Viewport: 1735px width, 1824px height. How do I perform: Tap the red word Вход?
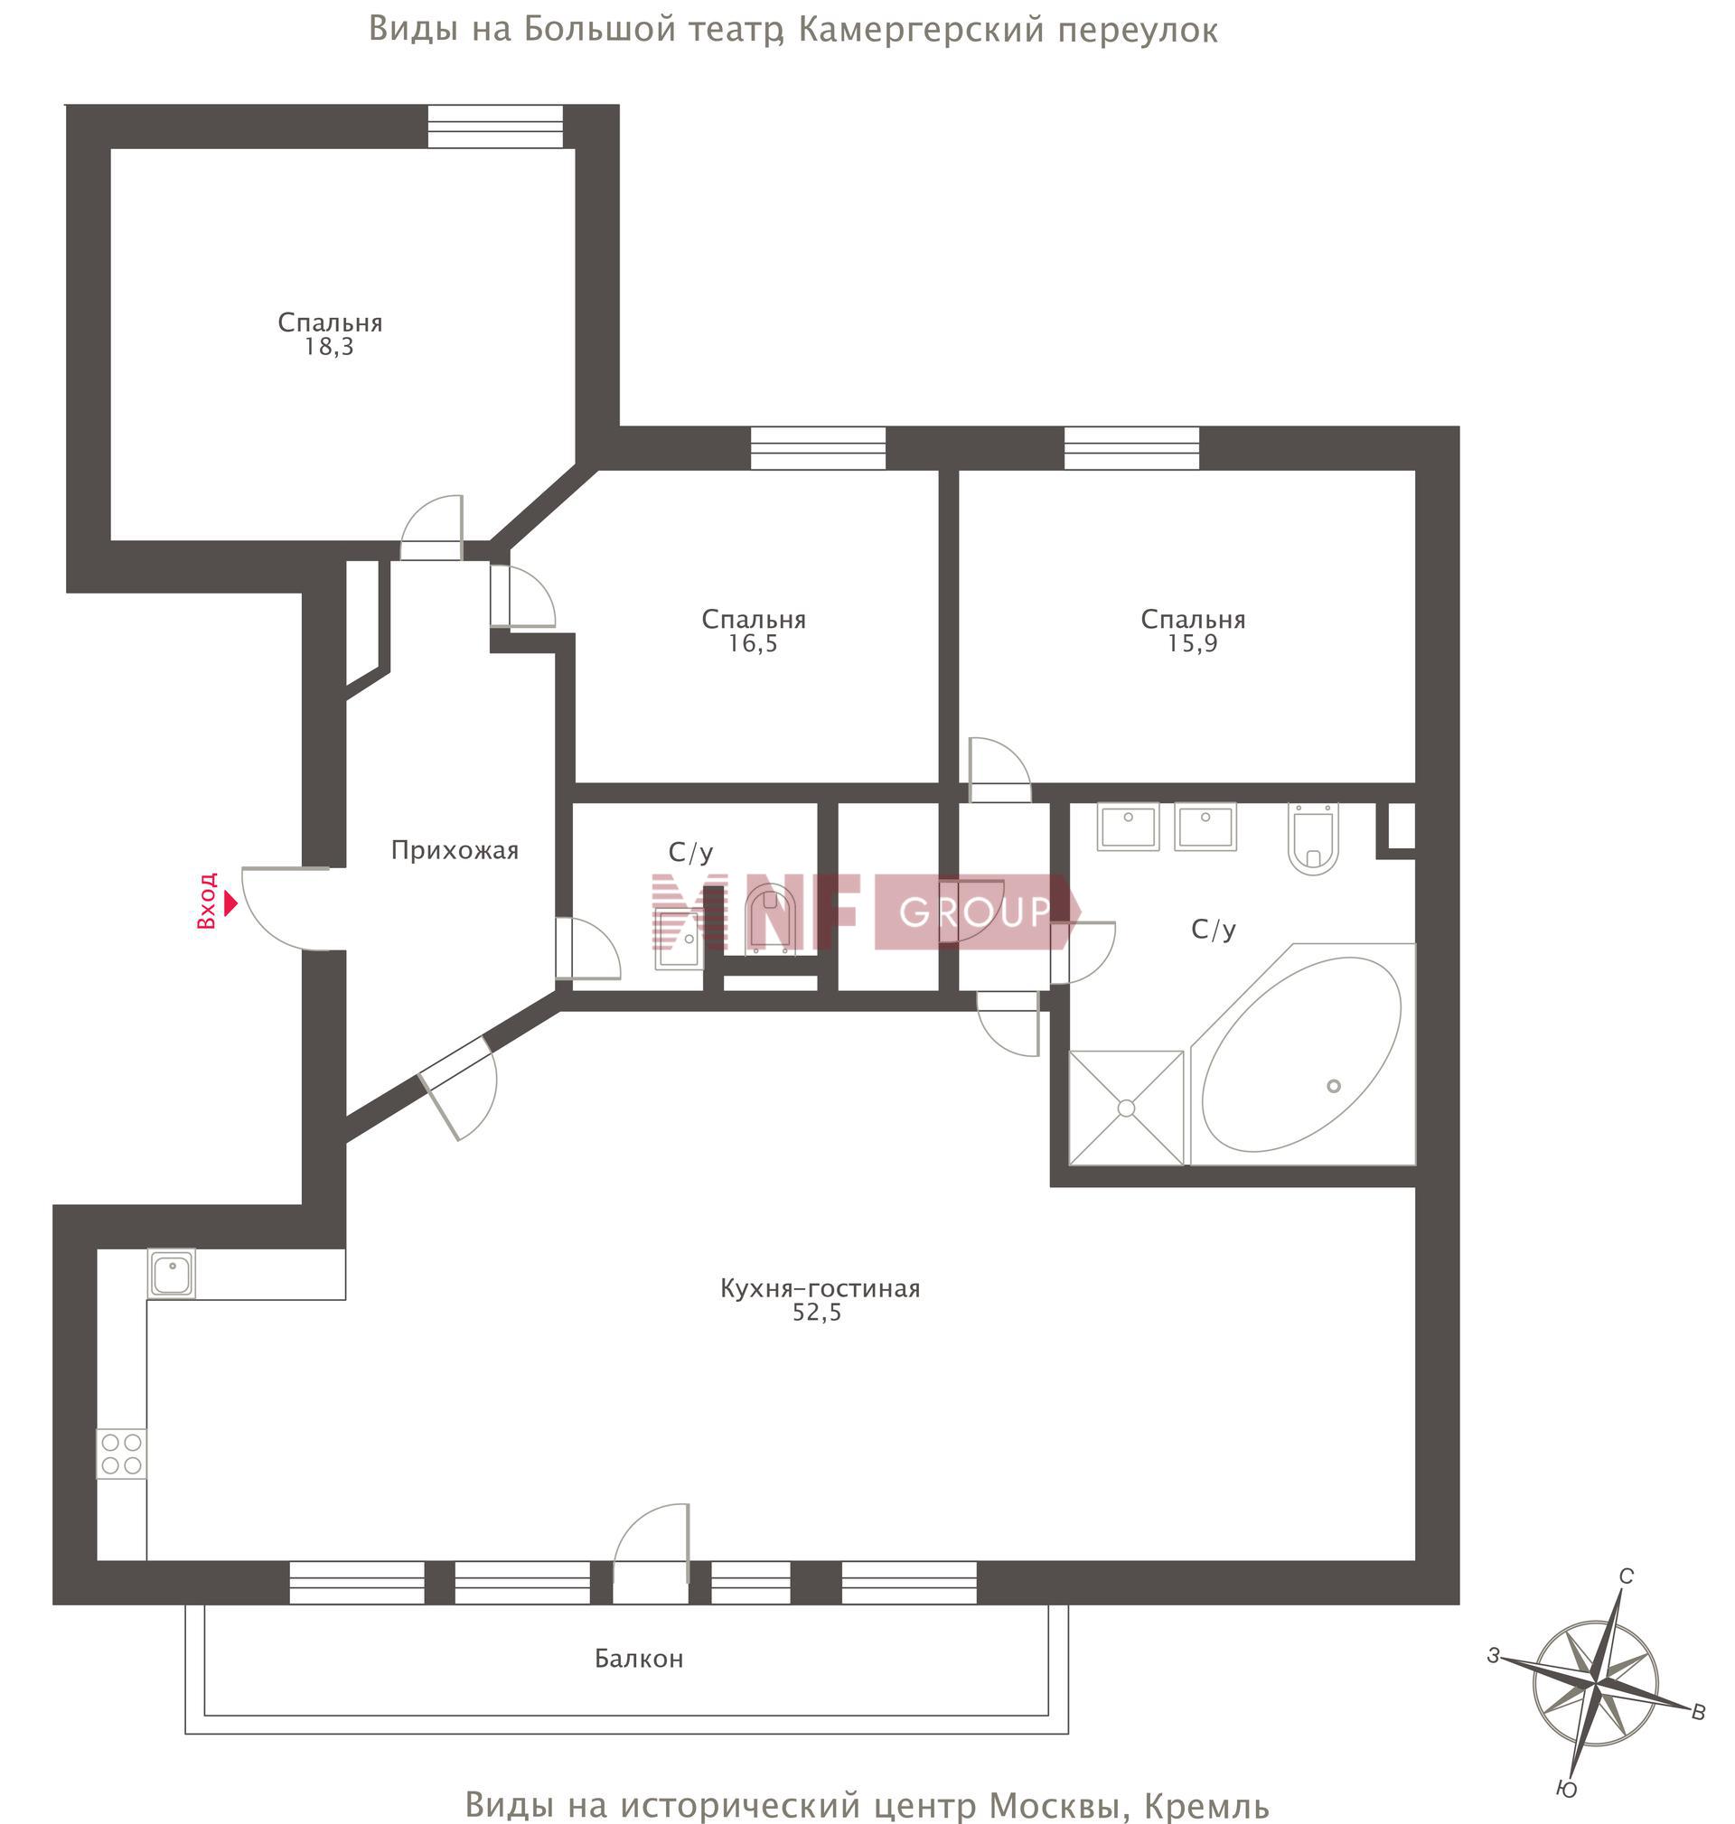207,902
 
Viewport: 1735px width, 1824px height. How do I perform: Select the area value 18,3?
330,348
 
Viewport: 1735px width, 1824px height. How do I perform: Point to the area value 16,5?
753,643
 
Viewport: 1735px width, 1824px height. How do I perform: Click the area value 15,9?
1192,643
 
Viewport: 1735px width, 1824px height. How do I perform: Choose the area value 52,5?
818,1313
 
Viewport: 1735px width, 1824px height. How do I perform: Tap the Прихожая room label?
455,850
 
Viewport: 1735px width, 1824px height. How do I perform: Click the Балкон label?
639,1659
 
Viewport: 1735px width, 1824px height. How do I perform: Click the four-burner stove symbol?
122,1455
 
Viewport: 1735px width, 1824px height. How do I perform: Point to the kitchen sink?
172,1274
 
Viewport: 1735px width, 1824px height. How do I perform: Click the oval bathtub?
1302,1055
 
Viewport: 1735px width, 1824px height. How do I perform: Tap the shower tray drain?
1127,1108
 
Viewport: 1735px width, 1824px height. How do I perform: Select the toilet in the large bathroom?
1313,838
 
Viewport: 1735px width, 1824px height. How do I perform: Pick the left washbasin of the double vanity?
1128,827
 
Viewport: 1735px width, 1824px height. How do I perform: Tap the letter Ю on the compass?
1567,1790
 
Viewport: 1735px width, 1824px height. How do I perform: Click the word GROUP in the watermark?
976,912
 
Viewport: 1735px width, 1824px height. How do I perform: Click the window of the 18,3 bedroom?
496,126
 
